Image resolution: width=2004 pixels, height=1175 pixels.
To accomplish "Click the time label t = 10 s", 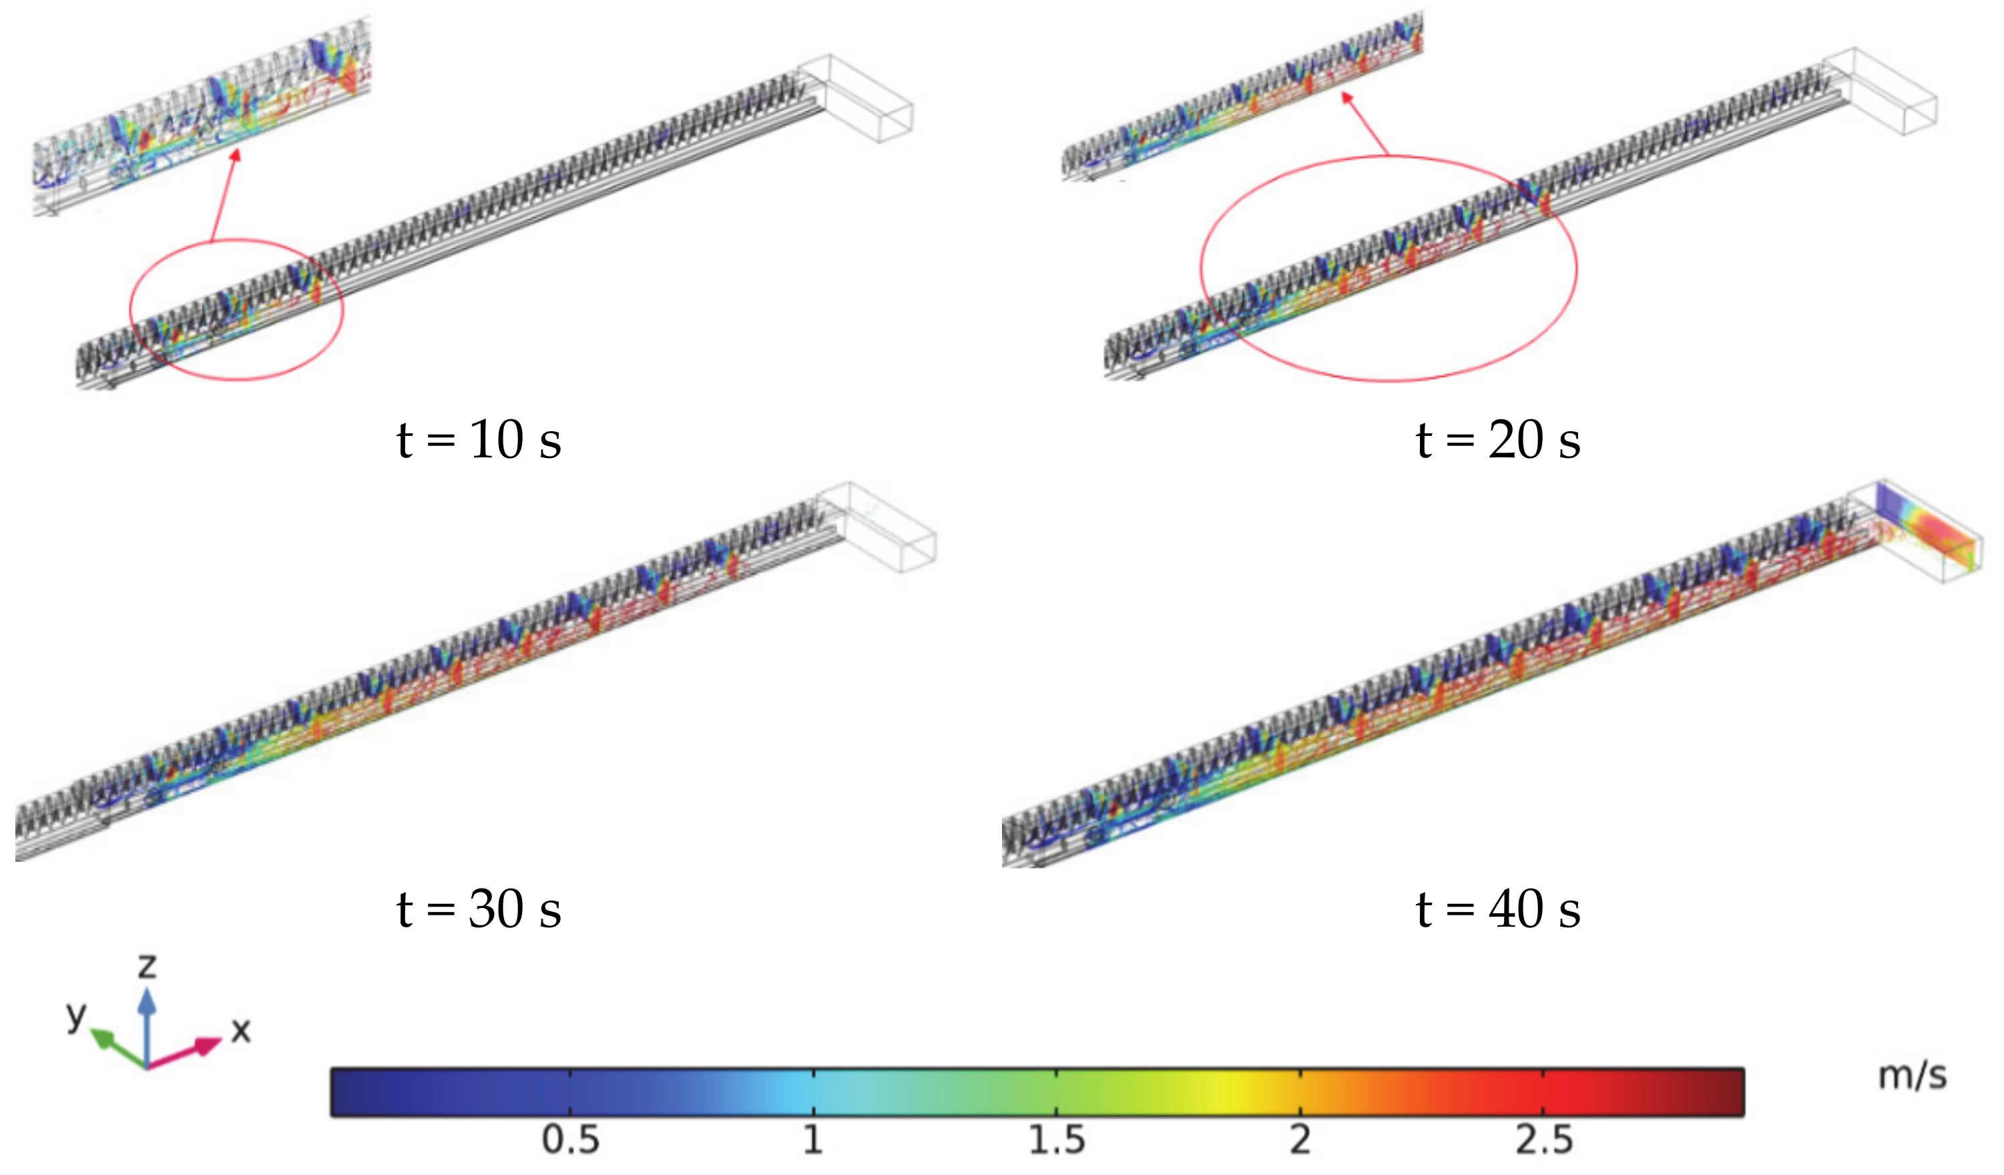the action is (479, 439).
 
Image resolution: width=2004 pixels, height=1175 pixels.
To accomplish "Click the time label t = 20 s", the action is (1498, 439).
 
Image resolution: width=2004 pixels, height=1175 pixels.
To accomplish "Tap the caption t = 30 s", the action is (479, 909).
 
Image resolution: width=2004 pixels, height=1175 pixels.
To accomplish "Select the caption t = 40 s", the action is (1498, 909).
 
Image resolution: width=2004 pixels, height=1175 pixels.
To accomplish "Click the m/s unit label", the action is (1913, 1076).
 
